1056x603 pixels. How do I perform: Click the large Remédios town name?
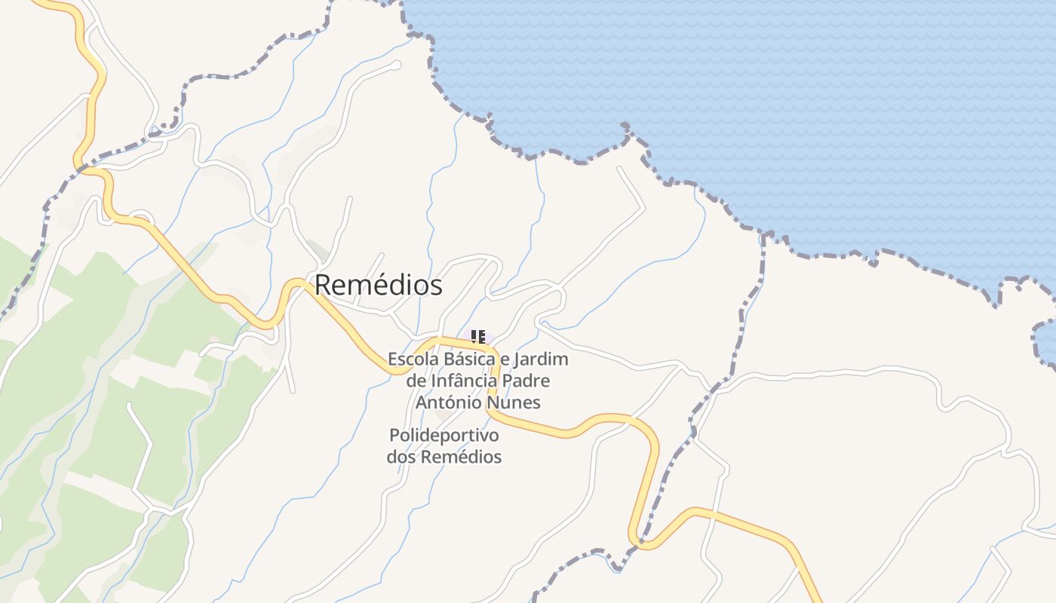point(378,286)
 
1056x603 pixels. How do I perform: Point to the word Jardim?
point(543,360)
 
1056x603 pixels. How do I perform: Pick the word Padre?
point(530,381)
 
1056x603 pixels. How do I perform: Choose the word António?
point(448,403)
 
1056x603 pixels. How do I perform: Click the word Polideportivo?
point(444,436)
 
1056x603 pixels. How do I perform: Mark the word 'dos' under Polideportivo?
point(401,457)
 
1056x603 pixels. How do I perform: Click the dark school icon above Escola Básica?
point(478,337)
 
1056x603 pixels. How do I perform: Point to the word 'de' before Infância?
point(416,381)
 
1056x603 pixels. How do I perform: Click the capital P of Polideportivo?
point(394,436)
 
